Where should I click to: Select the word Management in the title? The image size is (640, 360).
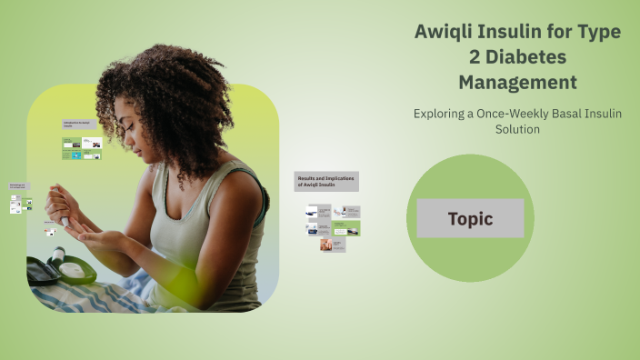[517, 83]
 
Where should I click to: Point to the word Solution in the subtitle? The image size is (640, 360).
[517, 130]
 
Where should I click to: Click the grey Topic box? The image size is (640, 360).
[470, 218]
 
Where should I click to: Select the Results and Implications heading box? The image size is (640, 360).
[325, 180]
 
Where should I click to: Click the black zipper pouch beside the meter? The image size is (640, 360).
[40, 271]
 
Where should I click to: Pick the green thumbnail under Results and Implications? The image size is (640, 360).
[346, 228]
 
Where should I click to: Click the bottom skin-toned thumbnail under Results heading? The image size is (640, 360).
[333, 245]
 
